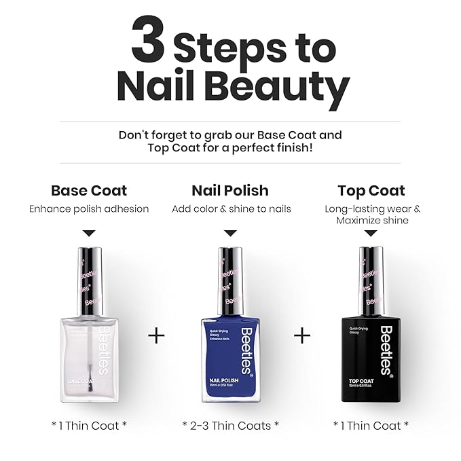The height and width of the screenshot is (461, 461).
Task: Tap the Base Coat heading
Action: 89,191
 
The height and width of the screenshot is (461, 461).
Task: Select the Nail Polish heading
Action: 230,191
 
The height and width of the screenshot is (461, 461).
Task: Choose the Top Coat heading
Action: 371,191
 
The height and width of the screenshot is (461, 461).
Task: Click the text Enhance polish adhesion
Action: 89,209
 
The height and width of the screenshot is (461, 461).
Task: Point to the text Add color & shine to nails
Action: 231,209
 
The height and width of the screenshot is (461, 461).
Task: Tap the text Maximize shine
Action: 371,221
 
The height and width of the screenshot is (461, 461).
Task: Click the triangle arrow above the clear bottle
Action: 89,233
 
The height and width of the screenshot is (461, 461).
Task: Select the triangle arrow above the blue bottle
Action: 230,233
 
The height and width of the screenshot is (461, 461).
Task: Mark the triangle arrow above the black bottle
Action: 371,233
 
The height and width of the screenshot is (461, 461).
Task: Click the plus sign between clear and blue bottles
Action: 156,335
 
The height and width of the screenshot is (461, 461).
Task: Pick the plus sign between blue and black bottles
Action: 301,335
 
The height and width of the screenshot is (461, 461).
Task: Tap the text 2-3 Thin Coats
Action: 231,425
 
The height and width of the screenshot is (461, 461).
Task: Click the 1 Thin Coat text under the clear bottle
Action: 89,425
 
